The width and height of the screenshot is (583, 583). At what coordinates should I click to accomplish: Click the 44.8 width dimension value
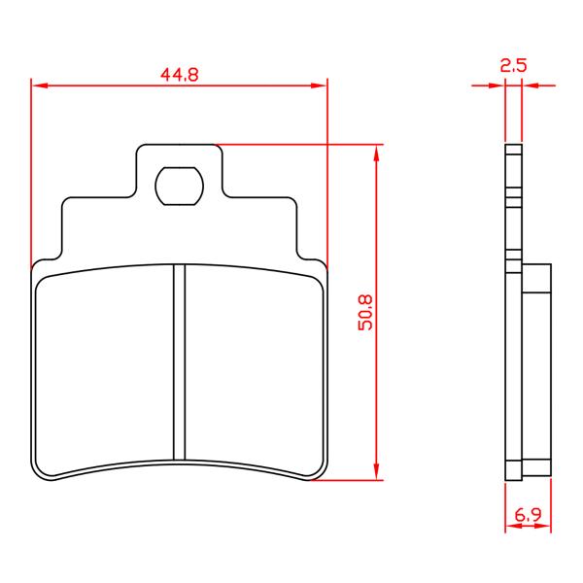(180, 75)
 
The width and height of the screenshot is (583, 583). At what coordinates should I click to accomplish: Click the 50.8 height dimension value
(365, 312)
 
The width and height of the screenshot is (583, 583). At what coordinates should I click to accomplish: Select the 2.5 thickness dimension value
(513, 65)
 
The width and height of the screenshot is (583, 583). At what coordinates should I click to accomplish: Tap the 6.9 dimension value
(528, 515)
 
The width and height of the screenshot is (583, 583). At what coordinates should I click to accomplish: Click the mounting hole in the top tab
(180, 186)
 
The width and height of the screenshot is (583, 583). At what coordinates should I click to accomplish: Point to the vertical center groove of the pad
(180, 362)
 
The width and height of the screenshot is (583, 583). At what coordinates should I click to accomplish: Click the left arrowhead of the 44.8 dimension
(40, 86)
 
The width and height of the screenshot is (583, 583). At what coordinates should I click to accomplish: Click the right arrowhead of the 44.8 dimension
(319, 86)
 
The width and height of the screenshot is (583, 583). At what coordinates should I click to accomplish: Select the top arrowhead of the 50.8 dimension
(377, 154)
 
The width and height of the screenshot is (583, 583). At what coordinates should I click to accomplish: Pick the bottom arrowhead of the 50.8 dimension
(377, 471)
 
